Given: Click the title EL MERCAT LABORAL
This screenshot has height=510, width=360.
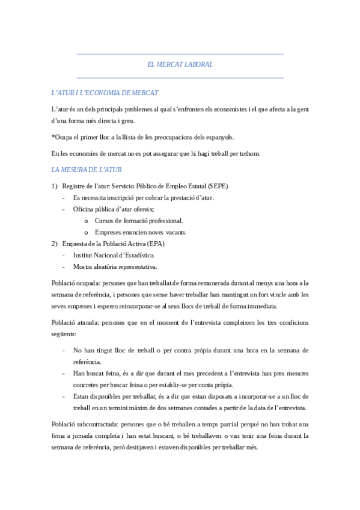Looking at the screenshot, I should (x=180, y=64).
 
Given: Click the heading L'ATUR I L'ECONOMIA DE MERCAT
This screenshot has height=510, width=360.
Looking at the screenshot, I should (x=105, y=93).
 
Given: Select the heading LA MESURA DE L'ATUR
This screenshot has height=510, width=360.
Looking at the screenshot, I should (x=87, y=170).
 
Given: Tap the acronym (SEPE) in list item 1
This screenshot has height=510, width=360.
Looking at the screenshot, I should (x=218, y=186).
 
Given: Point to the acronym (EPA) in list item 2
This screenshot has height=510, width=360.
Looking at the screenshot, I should (x=154, y=244).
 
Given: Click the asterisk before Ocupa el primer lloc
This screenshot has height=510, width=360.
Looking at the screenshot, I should (x=53, y=137).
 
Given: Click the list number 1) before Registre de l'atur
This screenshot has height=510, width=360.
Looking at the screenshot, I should (x=55, y=186).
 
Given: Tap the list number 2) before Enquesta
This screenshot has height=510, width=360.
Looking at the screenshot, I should (x=55, y=244).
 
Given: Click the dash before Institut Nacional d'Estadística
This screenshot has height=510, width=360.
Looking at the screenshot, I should (x=65, y=255).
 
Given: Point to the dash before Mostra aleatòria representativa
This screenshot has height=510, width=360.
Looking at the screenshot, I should (x=65, y=266).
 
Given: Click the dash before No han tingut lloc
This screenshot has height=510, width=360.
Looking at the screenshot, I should (x=65, y=350).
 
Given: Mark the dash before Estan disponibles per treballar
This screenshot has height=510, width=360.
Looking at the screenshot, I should (x=65, y=396).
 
